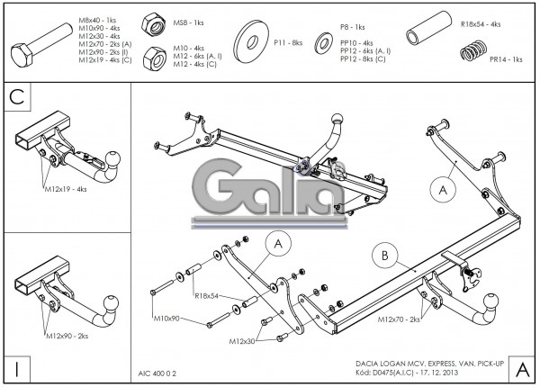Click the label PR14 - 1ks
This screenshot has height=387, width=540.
[506, 59]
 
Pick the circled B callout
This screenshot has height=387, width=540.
[384, 256]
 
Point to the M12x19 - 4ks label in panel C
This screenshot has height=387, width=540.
[66, 190]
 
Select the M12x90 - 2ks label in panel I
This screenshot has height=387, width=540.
[67, 335]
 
